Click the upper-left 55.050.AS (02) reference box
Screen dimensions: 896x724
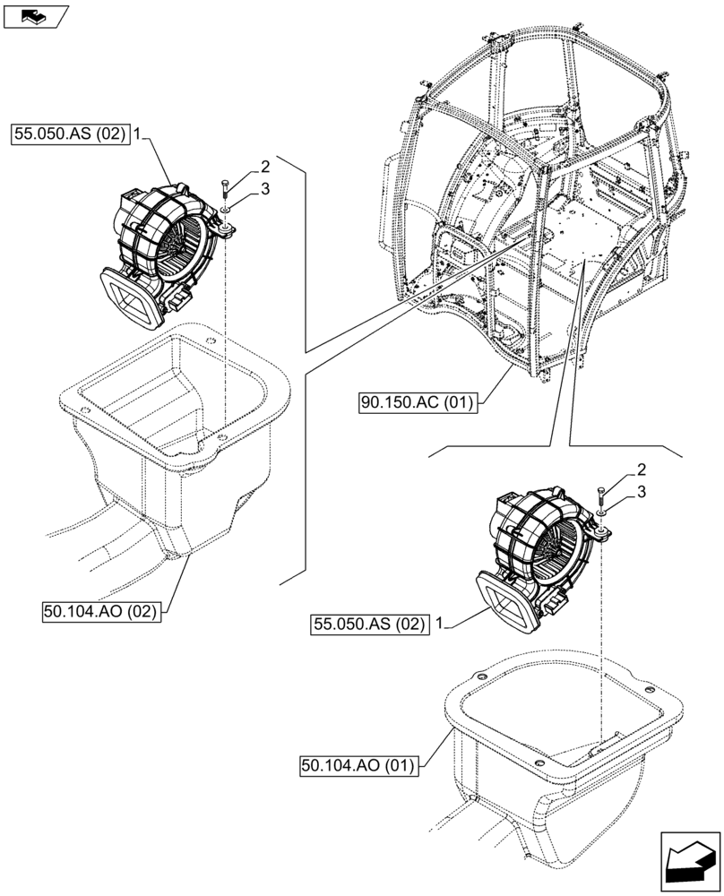click(x=71, y=136)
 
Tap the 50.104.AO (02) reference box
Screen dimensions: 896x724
click(x=100, y=611)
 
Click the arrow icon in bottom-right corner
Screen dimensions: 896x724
click(x=689, y=862)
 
